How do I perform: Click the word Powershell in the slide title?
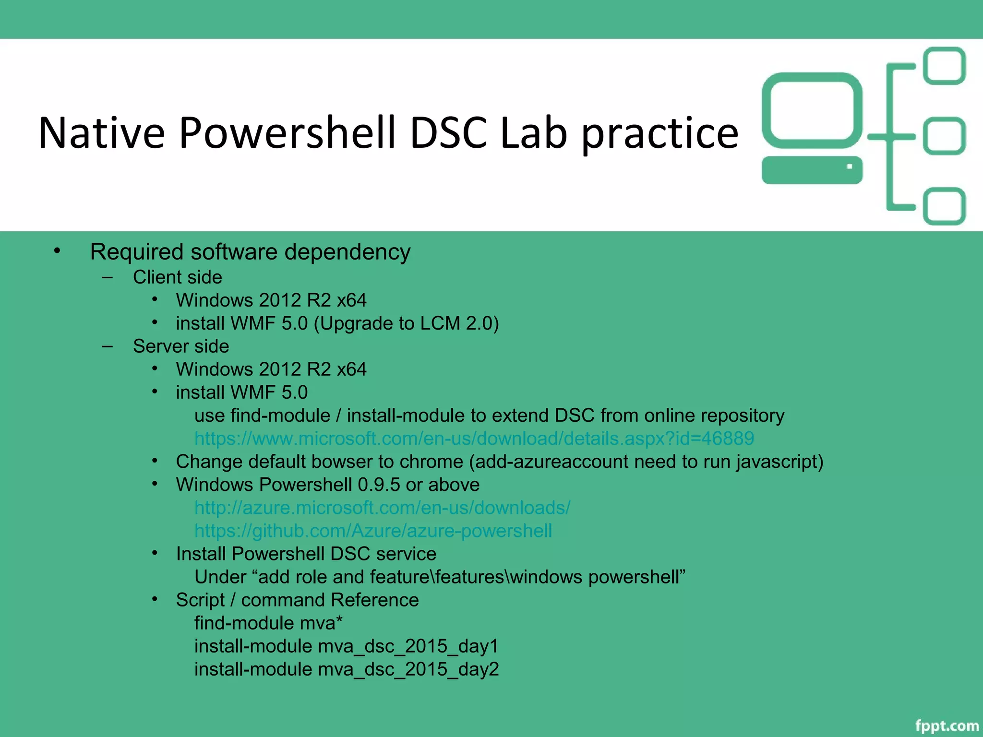pos(287,133)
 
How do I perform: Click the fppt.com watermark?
pos(947,725)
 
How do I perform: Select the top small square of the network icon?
pos(944,66)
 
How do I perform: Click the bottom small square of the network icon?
pos(944,206)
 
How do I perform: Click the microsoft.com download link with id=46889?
pos(474,439)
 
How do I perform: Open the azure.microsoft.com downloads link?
pos(382,508)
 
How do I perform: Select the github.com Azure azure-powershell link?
pos(373,531)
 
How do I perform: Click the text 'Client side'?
pos(177,277)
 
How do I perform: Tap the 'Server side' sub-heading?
pos(180,346)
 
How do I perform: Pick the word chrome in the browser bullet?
pos(434,462)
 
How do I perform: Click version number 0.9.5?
pos(379,485)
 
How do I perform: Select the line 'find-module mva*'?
pos(268,623)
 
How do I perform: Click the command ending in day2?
pos(346,669)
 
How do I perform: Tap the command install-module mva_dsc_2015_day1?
pos(346,646)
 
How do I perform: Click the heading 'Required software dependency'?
pos(250,252)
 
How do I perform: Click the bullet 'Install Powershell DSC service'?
pos(306,554)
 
